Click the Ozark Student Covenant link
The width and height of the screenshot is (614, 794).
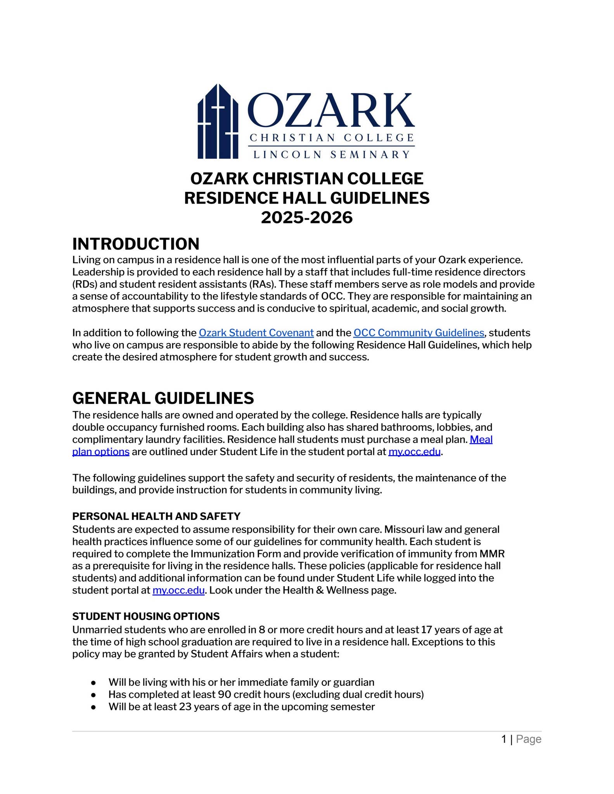256,333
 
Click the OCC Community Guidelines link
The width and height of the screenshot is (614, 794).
419,333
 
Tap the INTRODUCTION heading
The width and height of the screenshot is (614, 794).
136,244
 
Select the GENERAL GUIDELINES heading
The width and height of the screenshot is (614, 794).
163,398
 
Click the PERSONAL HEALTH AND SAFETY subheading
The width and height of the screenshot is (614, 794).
156,516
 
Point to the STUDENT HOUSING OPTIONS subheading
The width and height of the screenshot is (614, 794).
146,616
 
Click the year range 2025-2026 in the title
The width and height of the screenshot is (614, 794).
306,217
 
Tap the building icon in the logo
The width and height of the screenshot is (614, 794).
218,122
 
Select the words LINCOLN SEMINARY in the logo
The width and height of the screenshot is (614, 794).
331,155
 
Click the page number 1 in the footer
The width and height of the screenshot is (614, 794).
504,739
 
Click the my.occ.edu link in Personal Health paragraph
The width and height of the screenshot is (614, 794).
178,590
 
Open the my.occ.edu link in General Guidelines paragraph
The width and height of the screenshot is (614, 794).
414,452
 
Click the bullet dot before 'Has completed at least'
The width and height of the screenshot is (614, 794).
93,694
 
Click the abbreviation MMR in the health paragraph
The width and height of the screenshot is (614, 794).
492,553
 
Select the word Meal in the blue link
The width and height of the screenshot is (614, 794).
481,439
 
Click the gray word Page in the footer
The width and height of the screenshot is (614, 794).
528,739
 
